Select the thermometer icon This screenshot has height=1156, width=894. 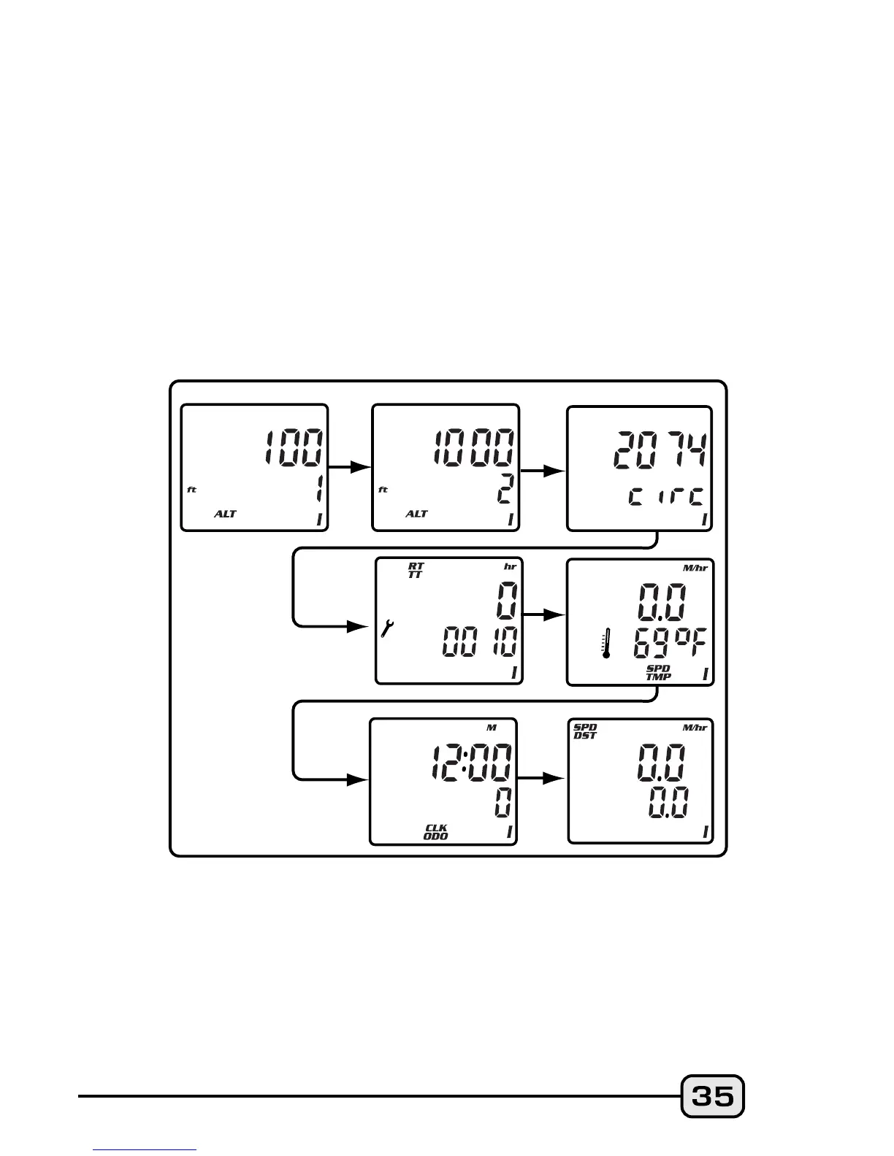coord(605,644)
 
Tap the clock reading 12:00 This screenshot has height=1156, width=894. coord(471,763)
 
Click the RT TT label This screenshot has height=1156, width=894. coord(416,570)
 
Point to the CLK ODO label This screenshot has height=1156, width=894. coord(436,832)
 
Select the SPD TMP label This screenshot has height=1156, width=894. coord(658,672)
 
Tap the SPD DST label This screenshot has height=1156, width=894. coord(585,731)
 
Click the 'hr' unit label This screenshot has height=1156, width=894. coord(510,566)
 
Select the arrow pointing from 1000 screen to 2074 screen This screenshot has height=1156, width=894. coord(543,471)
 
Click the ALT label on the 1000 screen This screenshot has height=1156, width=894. coord(416,514)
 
